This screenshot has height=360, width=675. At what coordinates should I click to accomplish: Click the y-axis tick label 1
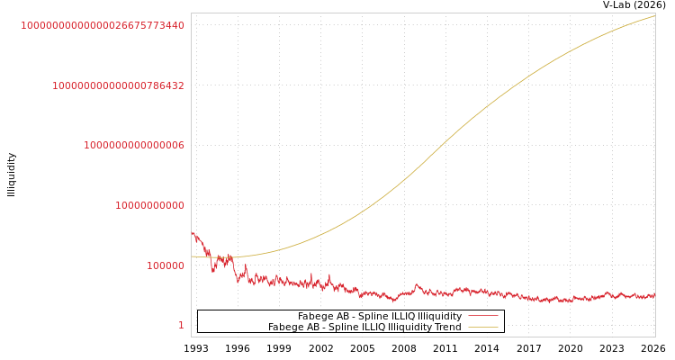pyautogui.click(x=181, y=326)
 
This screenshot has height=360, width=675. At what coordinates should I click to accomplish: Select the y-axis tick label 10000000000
pyautogui.click(x=149, y=205)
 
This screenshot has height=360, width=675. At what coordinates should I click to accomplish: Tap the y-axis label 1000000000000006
pyautogui.click(x=134, y=145)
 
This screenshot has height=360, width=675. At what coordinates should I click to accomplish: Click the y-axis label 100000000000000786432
pyautogui.click(x=118, y=85)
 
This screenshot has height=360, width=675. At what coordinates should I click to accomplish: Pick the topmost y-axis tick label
pyautogui.click(x=103, y=25)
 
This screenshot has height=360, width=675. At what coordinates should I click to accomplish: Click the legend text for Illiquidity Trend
pyautogui.click(x=364, y=328)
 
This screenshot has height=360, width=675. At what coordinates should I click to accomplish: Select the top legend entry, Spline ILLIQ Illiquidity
pyautogui.click(x=380, y=317)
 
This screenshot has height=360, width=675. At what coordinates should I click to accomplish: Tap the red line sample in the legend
pyautogui.click(x=483, y=317)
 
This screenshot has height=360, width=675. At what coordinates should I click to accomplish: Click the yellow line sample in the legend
pyautogui.click(x=483, y=328)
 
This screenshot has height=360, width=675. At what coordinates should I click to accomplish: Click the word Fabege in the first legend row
pyautogui.click(x=314, y=317)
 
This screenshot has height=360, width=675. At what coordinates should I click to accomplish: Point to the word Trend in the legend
pyautogui.click(x=447, y=328)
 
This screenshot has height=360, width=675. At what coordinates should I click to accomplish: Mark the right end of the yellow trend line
pyautogui.click(x=654, y=15)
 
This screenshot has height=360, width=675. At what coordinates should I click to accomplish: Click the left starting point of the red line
pyautogui.click(x=192, y=232)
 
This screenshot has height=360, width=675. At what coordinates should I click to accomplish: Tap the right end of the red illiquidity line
pyautogui.click(x=654, y=294)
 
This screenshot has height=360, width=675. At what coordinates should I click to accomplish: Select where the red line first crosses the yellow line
pyautogui.click(x=208, y=256)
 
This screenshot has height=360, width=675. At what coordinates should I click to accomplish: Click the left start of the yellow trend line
pyautogui.click(x=192, y=256)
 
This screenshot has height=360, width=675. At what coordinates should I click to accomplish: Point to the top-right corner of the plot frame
pyautogui.click(x=655, y=13)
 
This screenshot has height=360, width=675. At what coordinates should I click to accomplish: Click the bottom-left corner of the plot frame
pyautogui.click(x=191, y=337)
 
